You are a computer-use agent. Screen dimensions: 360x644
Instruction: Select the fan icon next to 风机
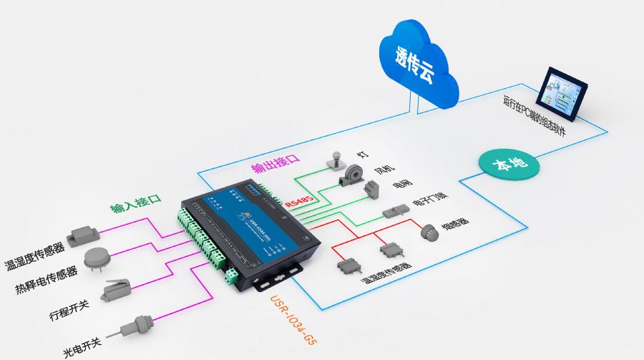(350, 176)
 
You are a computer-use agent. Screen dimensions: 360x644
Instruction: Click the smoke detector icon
(428, 231)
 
